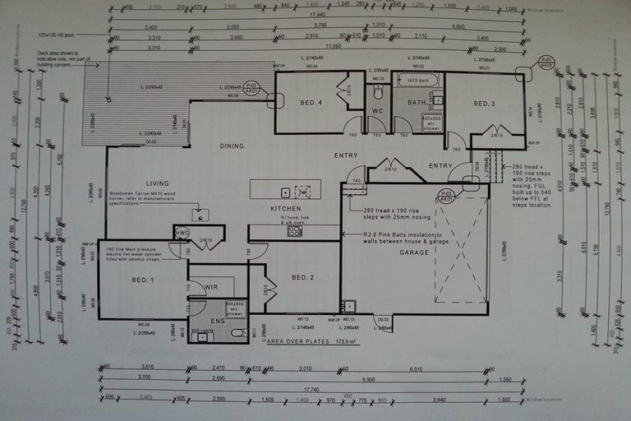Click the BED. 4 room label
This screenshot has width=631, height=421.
pyautogui.click(x=311, y=102)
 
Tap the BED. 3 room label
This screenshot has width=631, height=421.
pyautogui.click(x=483, y=104)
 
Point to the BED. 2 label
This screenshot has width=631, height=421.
pyautogui.click(x=303, y=277)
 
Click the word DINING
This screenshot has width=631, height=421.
pyautogui.click(x=232, y=146)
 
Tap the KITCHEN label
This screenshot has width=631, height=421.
pyautogui.click(x=285, y=210)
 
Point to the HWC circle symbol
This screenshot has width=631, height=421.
pyautogui.click(x=182, y=233)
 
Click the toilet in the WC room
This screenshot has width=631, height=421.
pyautogui.click(x=378, y=91)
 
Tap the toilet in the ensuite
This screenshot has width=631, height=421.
pyautogui.click(x=236, y=332)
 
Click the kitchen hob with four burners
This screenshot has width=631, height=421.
pyautogui.click(x=294, y=232)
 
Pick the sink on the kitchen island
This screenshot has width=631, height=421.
pyautogui.click(x=285, y=192)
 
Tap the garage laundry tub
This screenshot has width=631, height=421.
pyautogui.click(x=349, y=305)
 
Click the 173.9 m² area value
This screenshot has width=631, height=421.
pyautogui.click(x=336, y=341)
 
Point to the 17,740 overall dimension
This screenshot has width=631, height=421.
pyautogui.click(x=312, y=390)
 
